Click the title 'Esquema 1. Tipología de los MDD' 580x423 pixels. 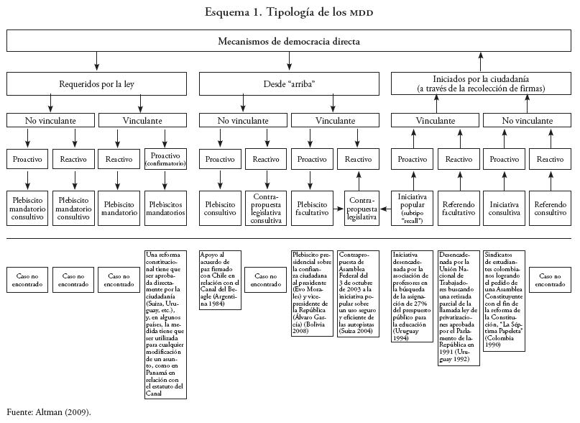tap(289, 12)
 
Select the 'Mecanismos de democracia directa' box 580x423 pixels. tap(289, 41)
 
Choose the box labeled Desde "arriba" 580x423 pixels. tap(289, 83)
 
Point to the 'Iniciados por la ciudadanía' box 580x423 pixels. tap(481, 83)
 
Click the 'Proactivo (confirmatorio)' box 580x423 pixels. tap(166, 160)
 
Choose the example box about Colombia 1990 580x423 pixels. tap(505, 299)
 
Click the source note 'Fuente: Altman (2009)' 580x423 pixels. tap(49, 413)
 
